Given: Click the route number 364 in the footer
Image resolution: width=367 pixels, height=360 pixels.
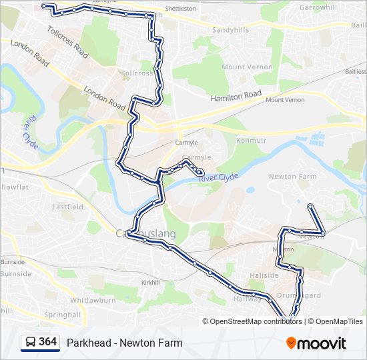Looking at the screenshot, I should pyautogui.click(x=47, y=342).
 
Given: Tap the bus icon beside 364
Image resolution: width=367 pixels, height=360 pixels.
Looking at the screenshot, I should pyautogui.click(x=30, y=343).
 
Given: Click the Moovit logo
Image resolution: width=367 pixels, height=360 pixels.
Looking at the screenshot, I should pyautogui.click(x=316, y=343).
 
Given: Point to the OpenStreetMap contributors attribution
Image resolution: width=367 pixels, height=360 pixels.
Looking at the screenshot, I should pyautogui.click(x=256, y=321).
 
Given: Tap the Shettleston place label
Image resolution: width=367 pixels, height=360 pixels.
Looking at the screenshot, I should pyautogui.click(x=180, y=9).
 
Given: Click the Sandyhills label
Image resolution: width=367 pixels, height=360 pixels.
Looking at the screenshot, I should pyautogui.click(x=230, y=31).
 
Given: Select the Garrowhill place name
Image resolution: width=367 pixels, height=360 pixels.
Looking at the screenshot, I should pyautogui.click(x=318, y=7).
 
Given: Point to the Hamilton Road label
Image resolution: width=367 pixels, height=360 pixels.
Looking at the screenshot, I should pyautogui.click(x=236, y=96).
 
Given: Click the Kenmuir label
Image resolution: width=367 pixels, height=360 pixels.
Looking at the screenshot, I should pyautogui.click(x=251, y=141).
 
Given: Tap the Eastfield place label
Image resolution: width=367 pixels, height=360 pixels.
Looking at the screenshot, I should pyautogui.click(x=67, y=207).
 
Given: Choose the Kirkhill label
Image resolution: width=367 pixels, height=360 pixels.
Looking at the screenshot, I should pyautogui.click(x=151, y=283).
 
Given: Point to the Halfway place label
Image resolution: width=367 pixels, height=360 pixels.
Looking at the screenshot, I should pyautogui.click(x=248, y=299).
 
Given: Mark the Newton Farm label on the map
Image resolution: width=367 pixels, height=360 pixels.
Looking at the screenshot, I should pyautogui.click(x=292, y=177).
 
